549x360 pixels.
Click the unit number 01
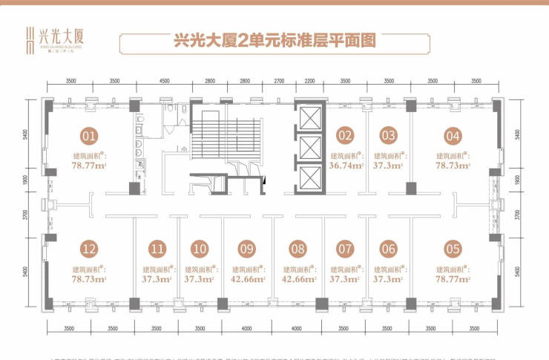pyautogui.click(x=90, y=136)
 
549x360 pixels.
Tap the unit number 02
pyautogui.click(x=345, y=136)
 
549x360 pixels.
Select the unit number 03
pyautogui.click(x=388, y=136)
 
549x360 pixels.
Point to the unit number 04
pyautogui.click(x=453, y=136)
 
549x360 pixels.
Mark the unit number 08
pyautogui.click(x=298, y=249)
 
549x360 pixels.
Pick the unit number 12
pyautogui.click(x=90, y=249)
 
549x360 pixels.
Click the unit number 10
pyautogui.click(x=198, y=249)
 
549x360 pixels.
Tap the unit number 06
pyautogui.click(x=388, y=249)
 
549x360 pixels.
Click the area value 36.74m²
pyautogui.click(x=346, y=167)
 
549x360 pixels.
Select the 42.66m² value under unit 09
pyautogui.click(x=248, y=280)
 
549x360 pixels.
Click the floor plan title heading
pyautogui.click(x=274, y=41)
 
